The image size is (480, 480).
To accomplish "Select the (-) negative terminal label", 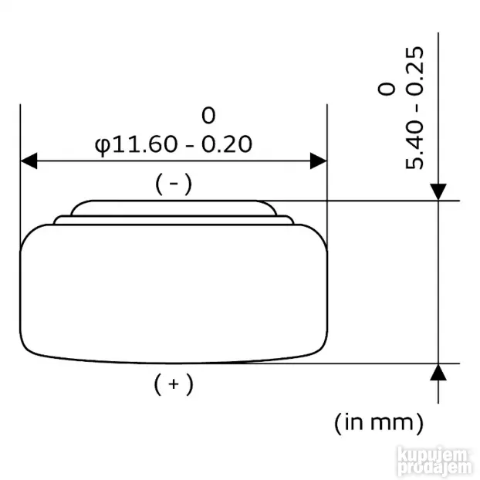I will (173, 184).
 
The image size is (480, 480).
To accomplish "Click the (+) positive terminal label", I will (173, 384).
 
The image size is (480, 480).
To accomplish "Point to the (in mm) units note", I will (379, 422).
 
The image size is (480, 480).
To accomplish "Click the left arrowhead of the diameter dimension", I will (29, 161).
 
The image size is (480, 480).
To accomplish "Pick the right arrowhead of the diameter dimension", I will (317, 161).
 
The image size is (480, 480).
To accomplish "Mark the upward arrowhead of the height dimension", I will (438, 373).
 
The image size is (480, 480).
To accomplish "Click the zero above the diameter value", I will (208, 117).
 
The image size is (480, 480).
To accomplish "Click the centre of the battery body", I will (173, 293).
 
